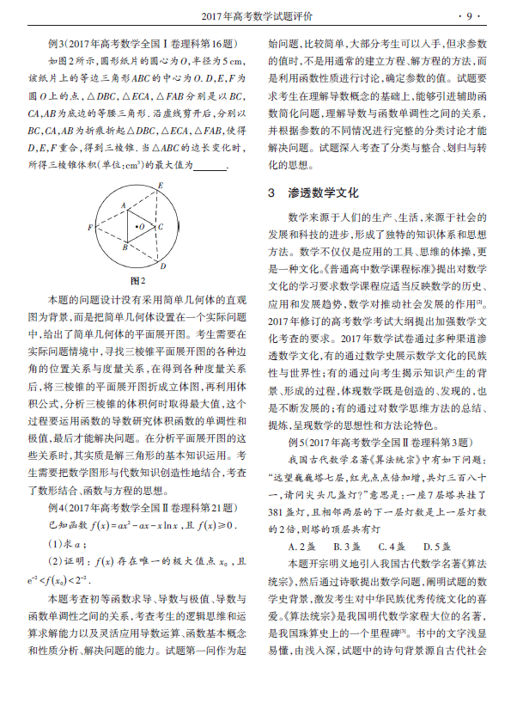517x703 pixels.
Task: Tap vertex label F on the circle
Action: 90,227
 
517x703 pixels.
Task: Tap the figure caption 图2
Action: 137,280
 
